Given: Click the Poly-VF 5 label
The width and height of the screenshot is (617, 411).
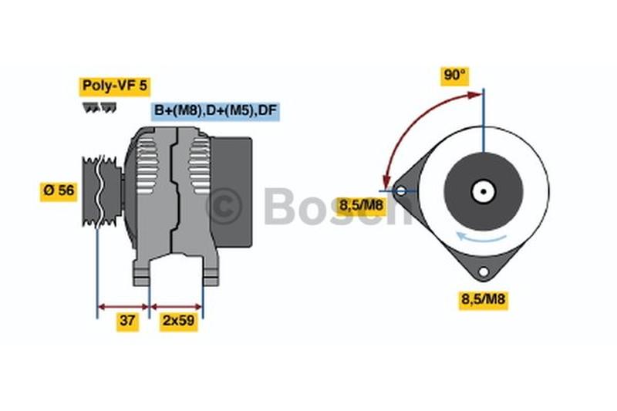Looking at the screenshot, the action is (x=114, y=86).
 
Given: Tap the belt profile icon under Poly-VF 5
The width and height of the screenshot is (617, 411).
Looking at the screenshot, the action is (x=99, y=108).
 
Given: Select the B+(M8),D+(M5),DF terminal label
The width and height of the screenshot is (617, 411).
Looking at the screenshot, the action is (x=216, y=110).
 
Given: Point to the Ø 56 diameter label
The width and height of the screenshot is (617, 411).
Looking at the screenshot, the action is (x=59, y=190).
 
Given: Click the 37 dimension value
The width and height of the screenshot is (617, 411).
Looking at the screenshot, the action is (x=127, y=321).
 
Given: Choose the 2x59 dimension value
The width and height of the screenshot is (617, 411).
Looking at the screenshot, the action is (x=179, y=321).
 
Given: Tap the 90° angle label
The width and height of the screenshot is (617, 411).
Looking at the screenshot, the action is (x=455, y=75).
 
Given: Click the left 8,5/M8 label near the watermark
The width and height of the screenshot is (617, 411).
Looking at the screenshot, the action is (x=361, y=205).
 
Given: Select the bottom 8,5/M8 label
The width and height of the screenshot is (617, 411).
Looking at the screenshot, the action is (x=484, y=299).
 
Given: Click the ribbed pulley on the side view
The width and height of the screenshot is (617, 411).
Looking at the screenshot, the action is (x=102, y=191).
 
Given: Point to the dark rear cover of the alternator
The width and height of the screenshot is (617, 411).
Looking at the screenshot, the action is (x=231, y=192).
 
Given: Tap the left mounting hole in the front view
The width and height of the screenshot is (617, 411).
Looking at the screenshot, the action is (x=400, y=191).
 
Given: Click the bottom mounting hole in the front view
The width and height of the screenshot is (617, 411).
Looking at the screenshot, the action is (x=484, y=271).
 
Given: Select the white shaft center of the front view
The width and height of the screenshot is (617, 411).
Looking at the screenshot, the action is (x=484, y=191).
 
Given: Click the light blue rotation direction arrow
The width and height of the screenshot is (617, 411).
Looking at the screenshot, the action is (x=480, y=238).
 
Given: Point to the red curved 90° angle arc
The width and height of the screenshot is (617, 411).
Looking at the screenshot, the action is (x=413, y=125).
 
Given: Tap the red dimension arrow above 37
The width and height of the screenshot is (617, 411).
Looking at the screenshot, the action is (x=123, y=306).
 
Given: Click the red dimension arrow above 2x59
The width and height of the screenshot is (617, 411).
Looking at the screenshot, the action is (x=177, y=306).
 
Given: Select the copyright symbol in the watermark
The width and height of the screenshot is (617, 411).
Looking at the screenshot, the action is (x=224, y=206).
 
